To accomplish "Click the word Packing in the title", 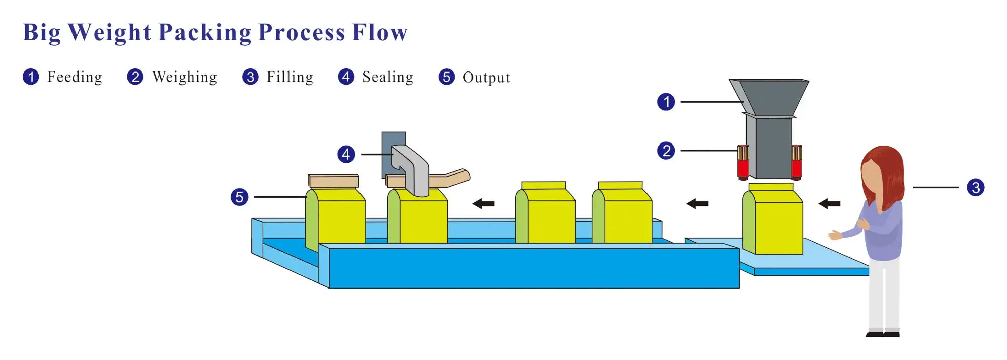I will tap(204, 33).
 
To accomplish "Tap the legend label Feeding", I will tap(75, 77).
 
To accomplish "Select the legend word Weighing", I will tap(184, 77).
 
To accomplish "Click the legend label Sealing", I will tap(387, 77).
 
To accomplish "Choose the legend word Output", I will tap(486, 78).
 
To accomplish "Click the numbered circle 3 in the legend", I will tap(250, 77).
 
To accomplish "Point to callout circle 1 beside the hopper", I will tap(666, 102).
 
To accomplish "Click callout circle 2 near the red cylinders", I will tap(666, 151).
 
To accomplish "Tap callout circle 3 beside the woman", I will tap(975, 188).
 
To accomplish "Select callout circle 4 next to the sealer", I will tap(346, 154).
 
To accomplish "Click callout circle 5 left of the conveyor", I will tap(239, 197).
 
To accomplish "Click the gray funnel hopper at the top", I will tap(768, 96).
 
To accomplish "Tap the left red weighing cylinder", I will tap(743, 162).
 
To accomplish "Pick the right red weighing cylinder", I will tap(796, 162).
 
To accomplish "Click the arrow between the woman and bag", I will tap(829, 204).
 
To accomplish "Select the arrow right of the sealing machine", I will tap(483, 204).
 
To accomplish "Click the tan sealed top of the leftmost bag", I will tap(333, 181).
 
